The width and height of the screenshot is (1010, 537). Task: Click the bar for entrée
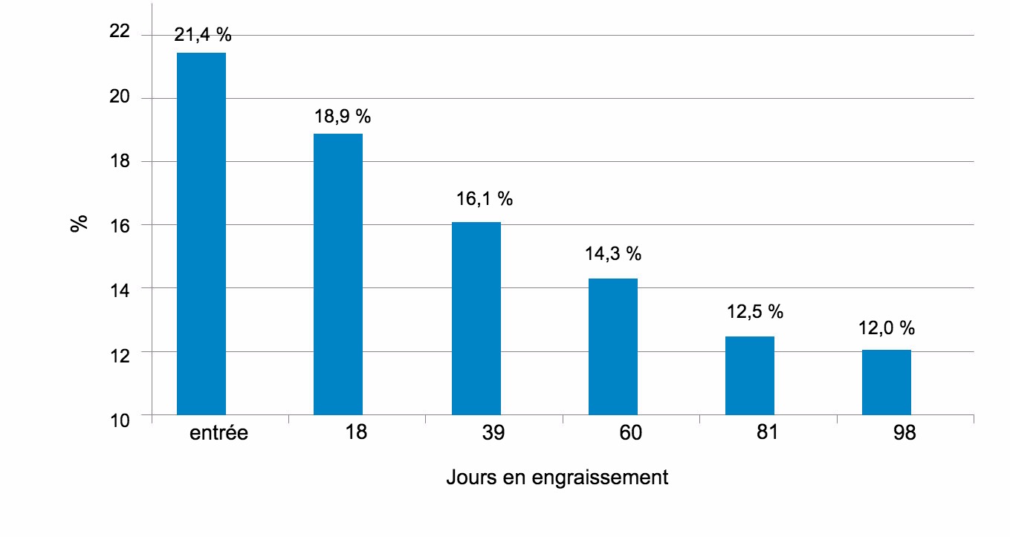201,234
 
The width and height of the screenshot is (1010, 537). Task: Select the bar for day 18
338,274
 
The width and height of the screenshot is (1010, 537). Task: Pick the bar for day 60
613,346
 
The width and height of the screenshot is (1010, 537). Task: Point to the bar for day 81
750,375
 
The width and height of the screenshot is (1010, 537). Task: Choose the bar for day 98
887,382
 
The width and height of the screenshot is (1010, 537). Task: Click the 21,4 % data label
202,35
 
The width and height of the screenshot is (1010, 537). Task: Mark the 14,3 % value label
612,254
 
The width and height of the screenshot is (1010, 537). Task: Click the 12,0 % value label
887,328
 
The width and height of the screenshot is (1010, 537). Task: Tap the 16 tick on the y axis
119,225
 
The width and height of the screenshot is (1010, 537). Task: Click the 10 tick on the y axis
119,420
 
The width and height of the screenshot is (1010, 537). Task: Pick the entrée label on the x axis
218,433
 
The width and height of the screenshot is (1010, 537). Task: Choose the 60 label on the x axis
630,433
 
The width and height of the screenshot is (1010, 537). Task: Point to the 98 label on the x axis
905,433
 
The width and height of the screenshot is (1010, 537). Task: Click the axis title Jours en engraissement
557,477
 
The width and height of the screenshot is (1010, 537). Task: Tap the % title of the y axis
79,224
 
